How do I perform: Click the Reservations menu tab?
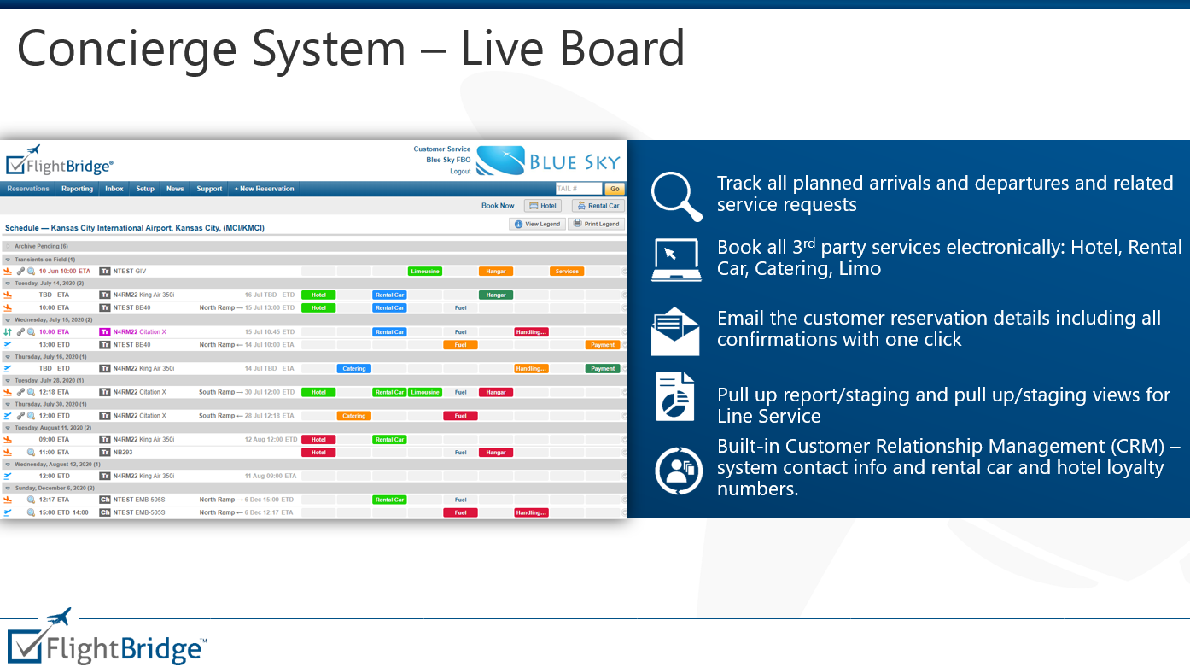pyautogui.click(x=28, y=189)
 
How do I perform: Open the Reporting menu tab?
pyautogui.click(x=77, y=189)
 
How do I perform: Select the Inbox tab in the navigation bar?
pyautogui.click(x=114, y=189)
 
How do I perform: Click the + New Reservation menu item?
pyautogui.click(x=264, y=189)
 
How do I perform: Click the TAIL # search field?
pyautogui.click(x=578, y=189)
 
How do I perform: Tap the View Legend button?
pyautogui.click(x=537, y=224)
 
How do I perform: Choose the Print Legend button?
pyautogui.click(x=597, y=224)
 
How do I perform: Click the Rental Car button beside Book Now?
pyautogui.click(x=598, y=206)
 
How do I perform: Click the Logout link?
pyautogui.click(x=460, y=171)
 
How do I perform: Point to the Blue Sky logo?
pyautogui.click(x=548, y=161)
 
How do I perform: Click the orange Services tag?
pyautogui.click(x=567, y=272)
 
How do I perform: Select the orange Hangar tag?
pyautogui.click(x=495, y=272)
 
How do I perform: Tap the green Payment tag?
pyautogui.click(x=603, y=369)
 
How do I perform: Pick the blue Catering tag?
pyautogui.click(x=353, y=369)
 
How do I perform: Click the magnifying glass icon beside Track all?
pyautogui.click(x=676, y=196)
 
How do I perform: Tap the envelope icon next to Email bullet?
pyautogui.click(x=675, y=331)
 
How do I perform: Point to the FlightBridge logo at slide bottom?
pyautogui.click(x=107, y=638)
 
